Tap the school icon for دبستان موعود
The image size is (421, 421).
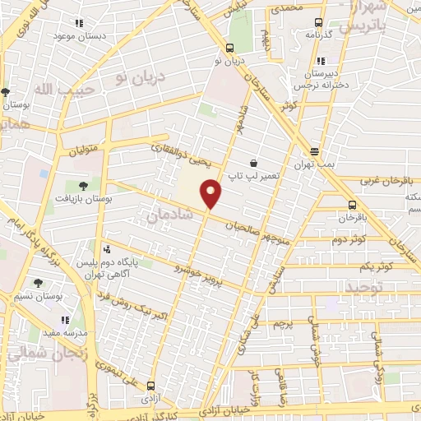(x=78, y=25)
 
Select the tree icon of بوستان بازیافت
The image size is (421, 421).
(x=83, y=185)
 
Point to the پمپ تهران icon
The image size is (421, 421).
(x=316, y=150)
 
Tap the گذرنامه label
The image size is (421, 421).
(x=317, y=35)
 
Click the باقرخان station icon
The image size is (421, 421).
(x=352, y=206)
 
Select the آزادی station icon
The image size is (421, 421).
(x=150, y=384)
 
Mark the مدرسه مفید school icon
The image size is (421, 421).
(x=64, y=320)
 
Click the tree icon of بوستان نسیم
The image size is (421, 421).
(x=38, y=283)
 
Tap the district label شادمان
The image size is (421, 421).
(x=167, y=214)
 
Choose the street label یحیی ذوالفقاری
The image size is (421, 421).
(x=182, y=151)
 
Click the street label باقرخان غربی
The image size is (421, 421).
(x=384, y=179)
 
